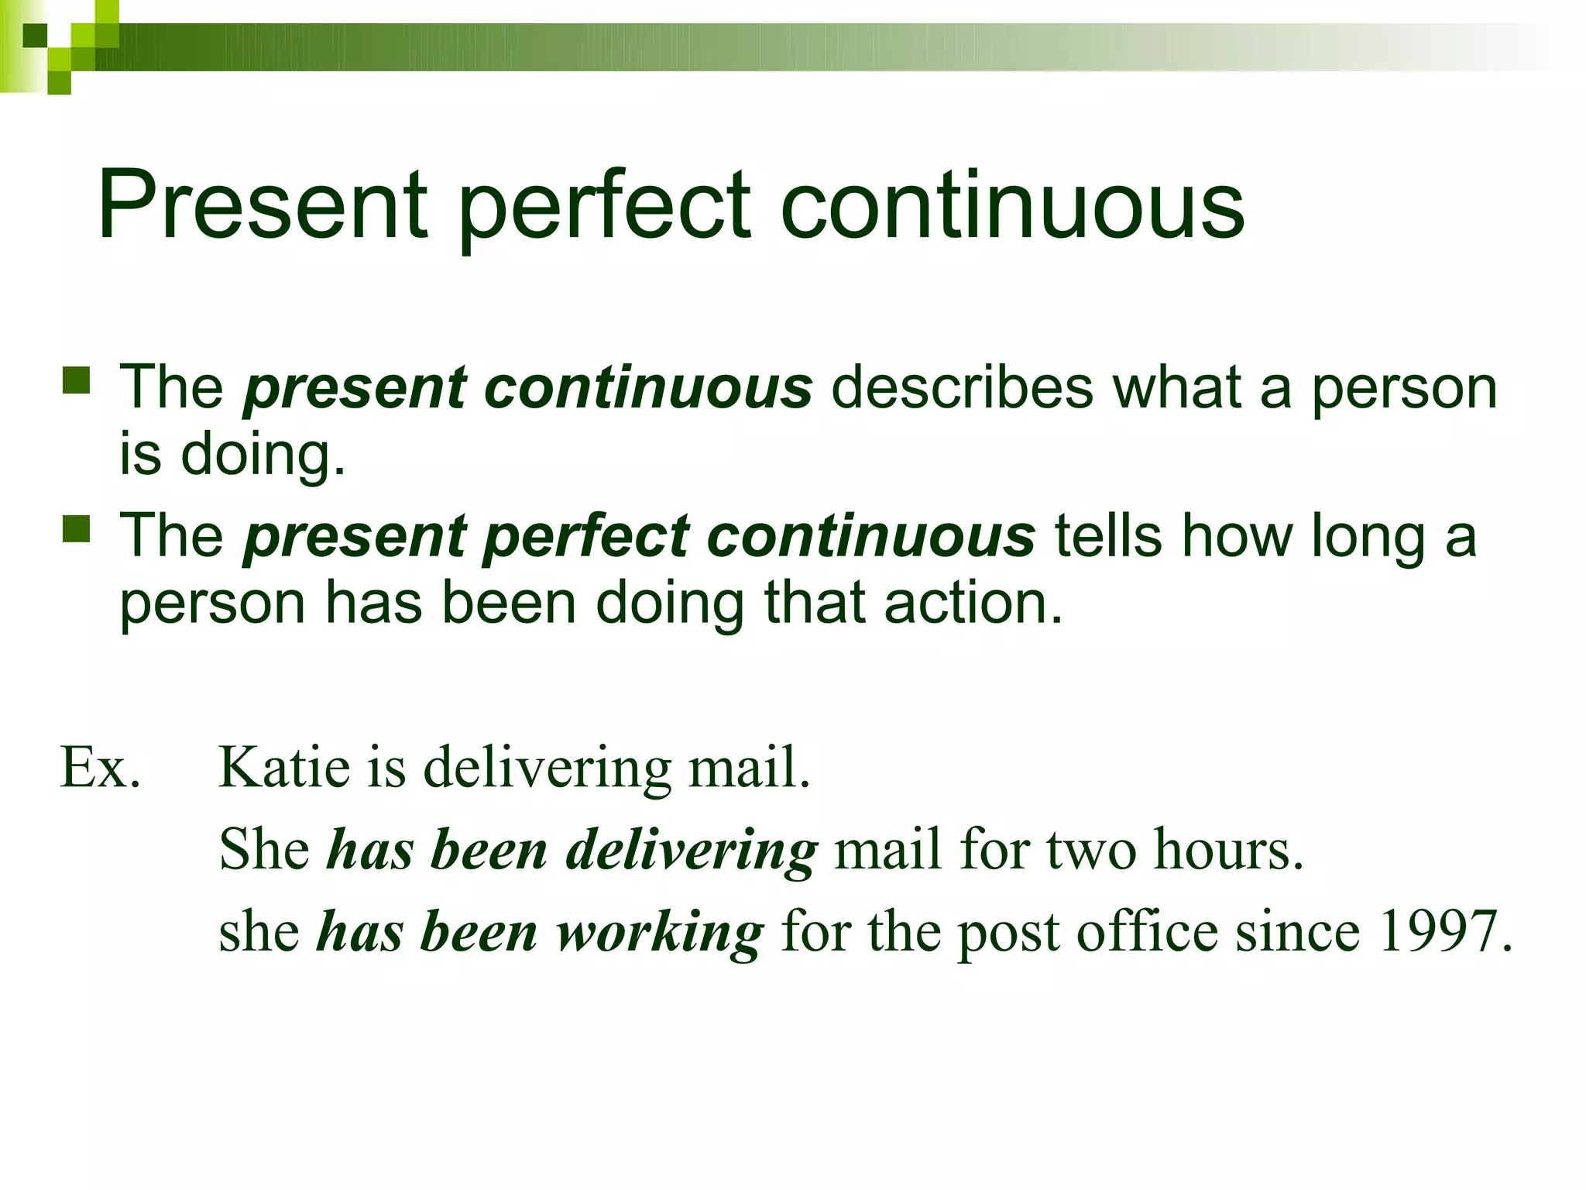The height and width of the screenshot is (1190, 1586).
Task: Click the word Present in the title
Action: tap(262, 205)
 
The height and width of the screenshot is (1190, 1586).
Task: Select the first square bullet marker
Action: tap(77, 381)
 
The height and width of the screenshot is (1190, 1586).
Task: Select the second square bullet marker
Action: tap(77, 530)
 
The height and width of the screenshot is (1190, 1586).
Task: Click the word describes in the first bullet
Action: tap(963, 387)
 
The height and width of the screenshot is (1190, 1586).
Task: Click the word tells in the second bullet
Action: tap(1108, 536)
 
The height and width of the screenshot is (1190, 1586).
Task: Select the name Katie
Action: tap(284, 767)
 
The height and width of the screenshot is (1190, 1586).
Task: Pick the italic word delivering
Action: tap(692, 851)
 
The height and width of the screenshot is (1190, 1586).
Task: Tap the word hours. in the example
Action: tap(1229, 850)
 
